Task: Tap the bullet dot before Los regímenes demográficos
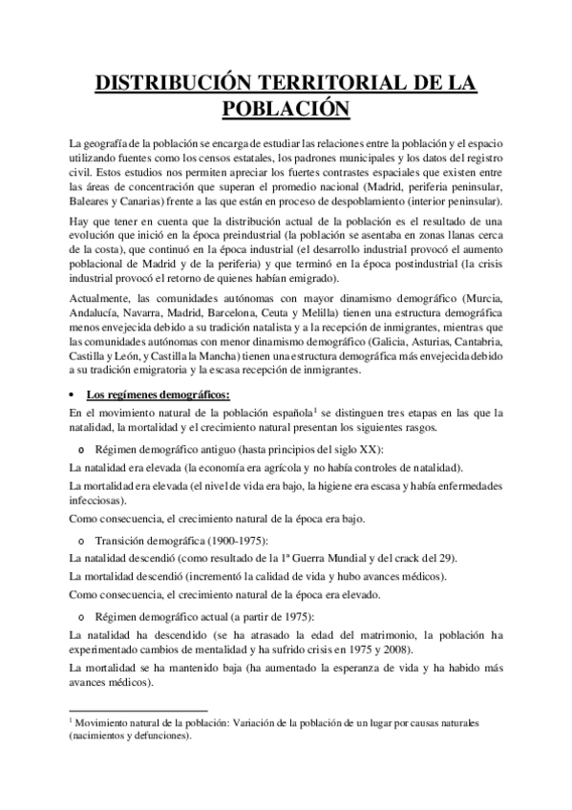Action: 74,396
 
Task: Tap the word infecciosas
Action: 102,500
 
